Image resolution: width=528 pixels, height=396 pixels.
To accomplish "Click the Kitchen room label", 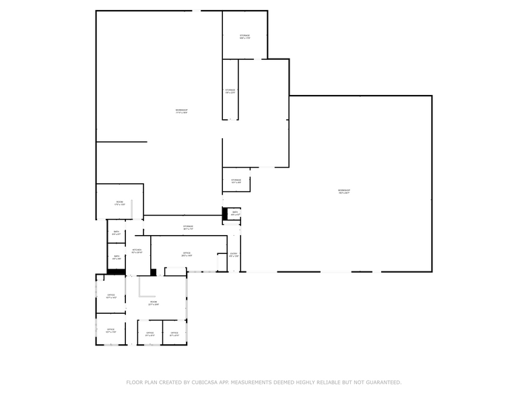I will (x=137, y=251).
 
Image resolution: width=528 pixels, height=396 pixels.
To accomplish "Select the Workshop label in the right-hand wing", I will (x=343, y=191).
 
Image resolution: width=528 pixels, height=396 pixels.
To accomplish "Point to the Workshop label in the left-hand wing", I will (x=181, y=110).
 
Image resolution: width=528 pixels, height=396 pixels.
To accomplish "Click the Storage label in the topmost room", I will (x=244, y=36).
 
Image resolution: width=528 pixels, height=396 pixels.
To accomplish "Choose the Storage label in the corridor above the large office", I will (x=188, y=227).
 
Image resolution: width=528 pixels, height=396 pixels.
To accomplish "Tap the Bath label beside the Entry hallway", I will (x=235, y=213).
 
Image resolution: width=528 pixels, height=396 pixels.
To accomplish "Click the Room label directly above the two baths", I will (x=119, y=203).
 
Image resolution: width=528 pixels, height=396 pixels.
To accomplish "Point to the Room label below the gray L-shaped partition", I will (x=154, y=303).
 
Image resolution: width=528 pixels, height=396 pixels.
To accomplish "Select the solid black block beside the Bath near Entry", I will (x=225, y=213).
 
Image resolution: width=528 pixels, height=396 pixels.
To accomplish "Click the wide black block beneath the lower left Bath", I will (x=117, y=271).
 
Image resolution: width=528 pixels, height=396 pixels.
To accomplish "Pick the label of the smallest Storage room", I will (x=236, y=181).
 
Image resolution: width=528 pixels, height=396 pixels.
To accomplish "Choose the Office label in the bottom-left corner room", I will (x=111, y=331).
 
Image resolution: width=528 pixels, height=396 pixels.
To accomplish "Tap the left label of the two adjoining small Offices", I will (x=150, y=333).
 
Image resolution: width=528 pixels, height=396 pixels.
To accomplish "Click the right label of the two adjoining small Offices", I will (x=174, y=333).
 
